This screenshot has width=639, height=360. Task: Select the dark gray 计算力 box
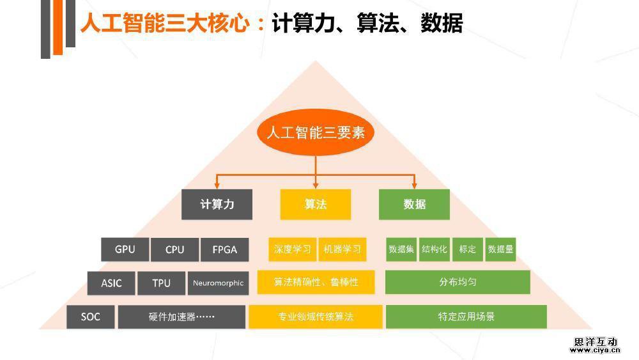(x=217, y=205)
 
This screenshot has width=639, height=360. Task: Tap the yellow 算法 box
(x=316, y=205)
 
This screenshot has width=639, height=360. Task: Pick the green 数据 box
(x=414, y=205)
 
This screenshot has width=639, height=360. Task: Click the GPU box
(x=125, y=249)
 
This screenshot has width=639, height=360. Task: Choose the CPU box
(x=174, y=249)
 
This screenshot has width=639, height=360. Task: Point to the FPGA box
(x=224, y=249)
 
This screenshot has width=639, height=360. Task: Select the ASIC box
(x=111, y=283)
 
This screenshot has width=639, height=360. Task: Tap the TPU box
(x=161, y=283)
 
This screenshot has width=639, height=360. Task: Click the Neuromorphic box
(x=218, y=283)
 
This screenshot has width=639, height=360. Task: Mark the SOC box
(x=91, y=317)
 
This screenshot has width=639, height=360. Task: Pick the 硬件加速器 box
(x=181, y=317)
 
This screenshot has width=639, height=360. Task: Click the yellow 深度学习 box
(x=292, y=249)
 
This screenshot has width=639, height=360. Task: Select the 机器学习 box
(x=343, y=249)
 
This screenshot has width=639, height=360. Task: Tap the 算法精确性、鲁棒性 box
(x=316, y=282)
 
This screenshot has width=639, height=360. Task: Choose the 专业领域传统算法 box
(x=316, y=317)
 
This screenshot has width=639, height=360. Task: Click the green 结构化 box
(x=435, y=249)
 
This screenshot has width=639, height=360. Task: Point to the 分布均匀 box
(x=458, y=282)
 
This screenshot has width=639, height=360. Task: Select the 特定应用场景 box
(x=466, y=317)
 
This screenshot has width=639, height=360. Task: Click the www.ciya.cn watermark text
(x=594, y=350)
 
